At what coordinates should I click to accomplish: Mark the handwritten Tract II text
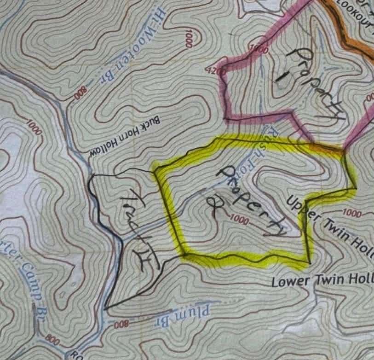[x=141, y=230]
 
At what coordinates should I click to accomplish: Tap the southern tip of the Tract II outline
[x=105, y=307]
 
